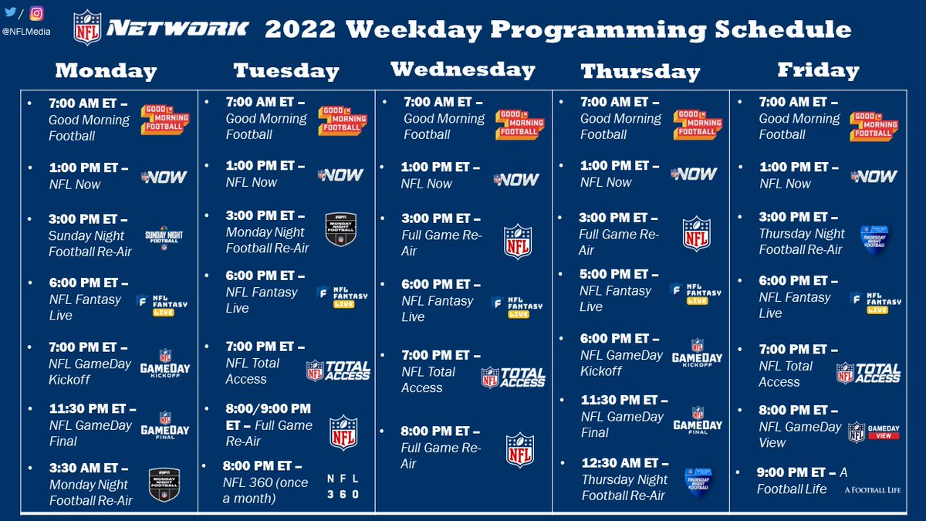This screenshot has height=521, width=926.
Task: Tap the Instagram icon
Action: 37,13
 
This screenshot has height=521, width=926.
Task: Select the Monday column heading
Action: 106,71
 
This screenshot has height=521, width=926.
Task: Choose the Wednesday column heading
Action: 463,69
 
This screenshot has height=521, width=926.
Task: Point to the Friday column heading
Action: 818,70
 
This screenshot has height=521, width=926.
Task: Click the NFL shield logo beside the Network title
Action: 87,28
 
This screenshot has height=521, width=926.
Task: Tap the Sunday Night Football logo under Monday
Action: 164,238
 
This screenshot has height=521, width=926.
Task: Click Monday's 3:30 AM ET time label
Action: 83,468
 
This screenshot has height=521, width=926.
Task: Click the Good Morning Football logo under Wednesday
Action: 519,125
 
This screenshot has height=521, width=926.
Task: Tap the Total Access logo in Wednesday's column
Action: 513,377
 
